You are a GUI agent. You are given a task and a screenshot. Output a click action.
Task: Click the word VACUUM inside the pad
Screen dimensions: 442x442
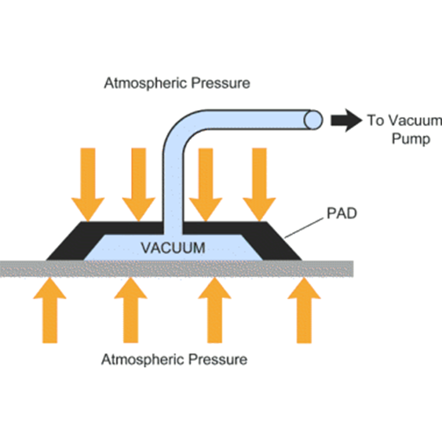pyautogui.click(x=173, y=248)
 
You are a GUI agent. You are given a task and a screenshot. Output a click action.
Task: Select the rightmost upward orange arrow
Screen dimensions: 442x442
pyautogui.click(x=304, y=309)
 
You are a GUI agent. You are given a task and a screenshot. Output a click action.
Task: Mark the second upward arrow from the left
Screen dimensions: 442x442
pyautogui.click(x=130, y=309)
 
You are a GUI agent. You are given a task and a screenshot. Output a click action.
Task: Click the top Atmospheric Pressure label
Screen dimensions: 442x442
pyautogui.click(x=177, y=83)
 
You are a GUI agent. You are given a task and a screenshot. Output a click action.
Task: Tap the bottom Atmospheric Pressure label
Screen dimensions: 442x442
pyautogui.click(x=174, y=359)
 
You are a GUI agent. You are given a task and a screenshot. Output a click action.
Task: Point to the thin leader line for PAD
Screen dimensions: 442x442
pyautogui.click(x=304, y=227)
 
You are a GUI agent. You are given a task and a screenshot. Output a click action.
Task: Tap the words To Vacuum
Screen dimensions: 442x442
pyautogui.click(x=404, y=121)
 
